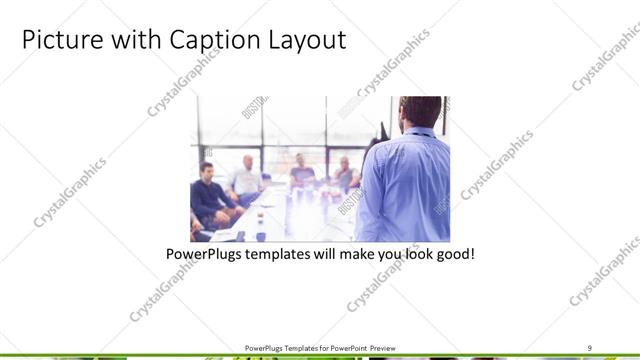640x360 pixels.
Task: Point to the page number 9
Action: [x=590, y=347]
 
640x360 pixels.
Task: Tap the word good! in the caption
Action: [x=454, y=254]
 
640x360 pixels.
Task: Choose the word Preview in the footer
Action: [x=383, y=347]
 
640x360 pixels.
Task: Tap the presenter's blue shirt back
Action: [x=405, y=185]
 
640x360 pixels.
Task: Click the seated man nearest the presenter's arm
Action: [x=344, y=175]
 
